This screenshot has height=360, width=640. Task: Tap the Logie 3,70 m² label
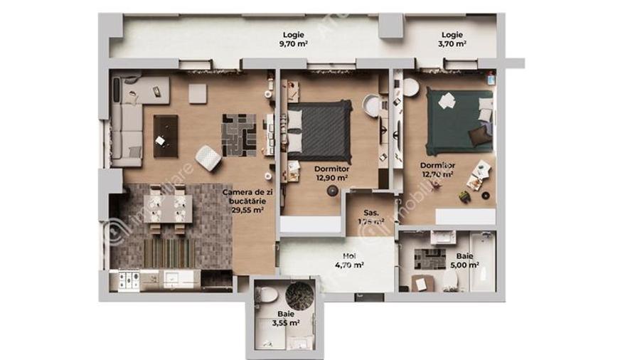[x=452, y=38]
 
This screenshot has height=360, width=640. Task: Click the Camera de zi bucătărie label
[x=243, y=201]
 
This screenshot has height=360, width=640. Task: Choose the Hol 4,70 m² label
[x=349, y=260]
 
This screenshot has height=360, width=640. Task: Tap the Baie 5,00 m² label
[x=463, y=260]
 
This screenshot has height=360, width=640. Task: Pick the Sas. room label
[x=370, y=216]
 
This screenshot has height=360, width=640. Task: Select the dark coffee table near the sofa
[x=165, y=136]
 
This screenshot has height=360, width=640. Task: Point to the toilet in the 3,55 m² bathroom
[x=265, y=294]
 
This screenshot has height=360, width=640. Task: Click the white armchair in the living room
[x=207, y=158]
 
